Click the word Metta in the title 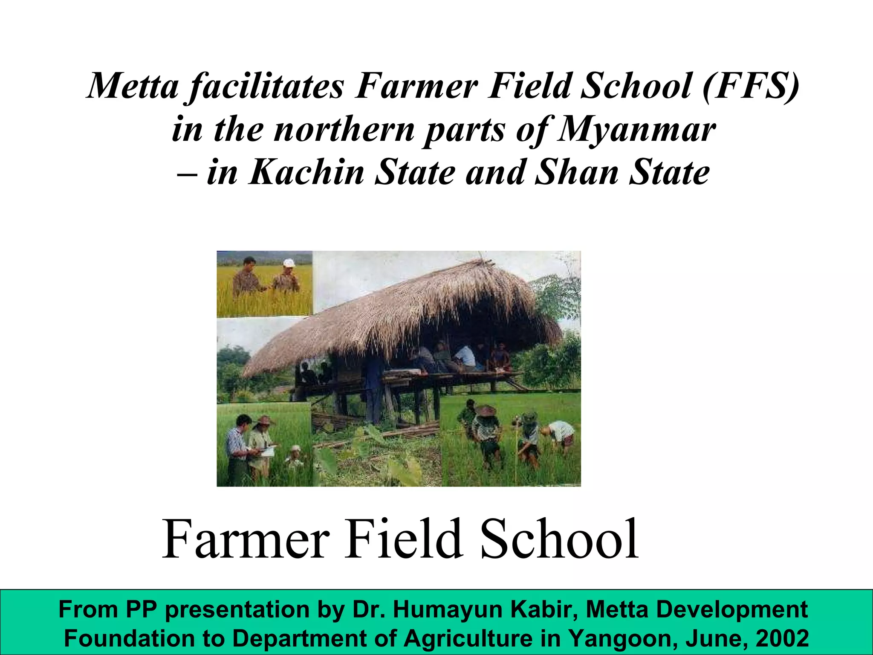(x=133, y=86)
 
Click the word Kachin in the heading (x=306, y=173)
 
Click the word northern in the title (x=344, y=130)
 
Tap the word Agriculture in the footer (x=468, y=638)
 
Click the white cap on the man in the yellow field (x=289, y=262)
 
